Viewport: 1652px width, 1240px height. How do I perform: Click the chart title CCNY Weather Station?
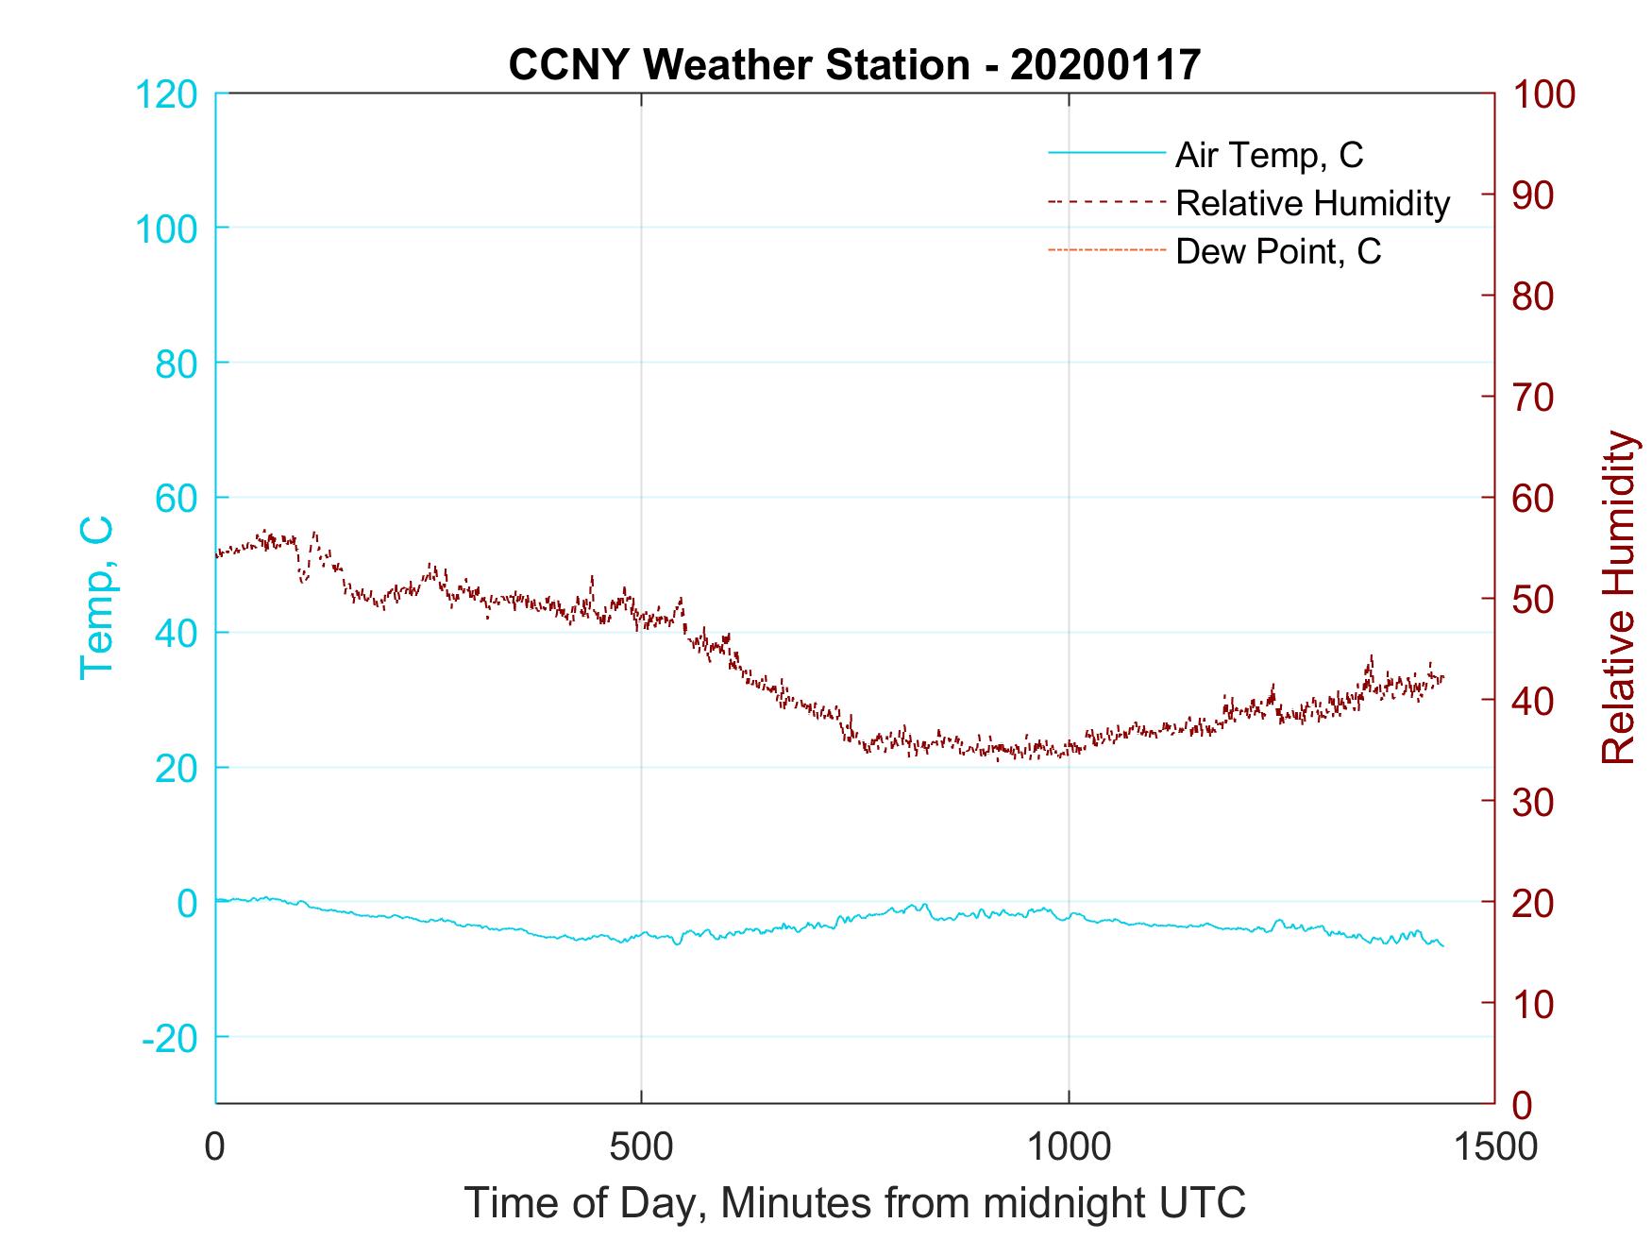pos(854,65)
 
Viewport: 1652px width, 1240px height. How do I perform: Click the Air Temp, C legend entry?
pos(1269,154)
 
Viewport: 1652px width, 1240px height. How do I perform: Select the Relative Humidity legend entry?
pos(1312,203)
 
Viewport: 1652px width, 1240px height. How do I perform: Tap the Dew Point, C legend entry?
pos(1278,252)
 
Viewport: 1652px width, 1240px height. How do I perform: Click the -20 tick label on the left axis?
pos(170,1038)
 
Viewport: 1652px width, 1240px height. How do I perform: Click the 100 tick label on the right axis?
pos(1544,94)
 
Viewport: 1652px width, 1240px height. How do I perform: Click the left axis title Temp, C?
pos(97,598)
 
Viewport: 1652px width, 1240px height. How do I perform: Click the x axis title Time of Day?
pos(854,1203)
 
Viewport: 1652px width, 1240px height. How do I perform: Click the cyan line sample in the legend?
pos(1106,153)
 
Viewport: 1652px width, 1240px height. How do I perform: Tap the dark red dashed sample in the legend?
pos(1106,202)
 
